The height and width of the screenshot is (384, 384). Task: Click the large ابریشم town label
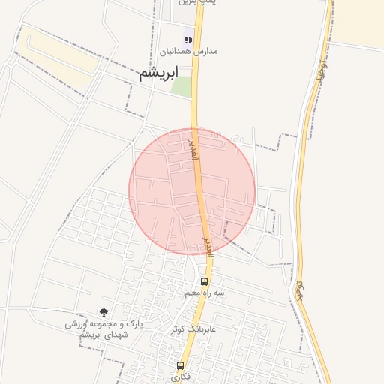[159, 73]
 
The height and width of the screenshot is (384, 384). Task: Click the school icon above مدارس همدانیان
[189, 40]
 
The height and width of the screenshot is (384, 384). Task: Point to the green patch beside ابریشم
[181, 86]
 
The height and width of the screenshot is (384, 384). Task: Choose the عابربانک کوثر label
[193, 328]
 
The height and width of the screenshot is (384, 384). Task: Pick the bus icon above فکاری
[180, 366]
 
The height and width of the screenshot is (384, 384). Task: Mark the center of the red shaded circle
[192, 190]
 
